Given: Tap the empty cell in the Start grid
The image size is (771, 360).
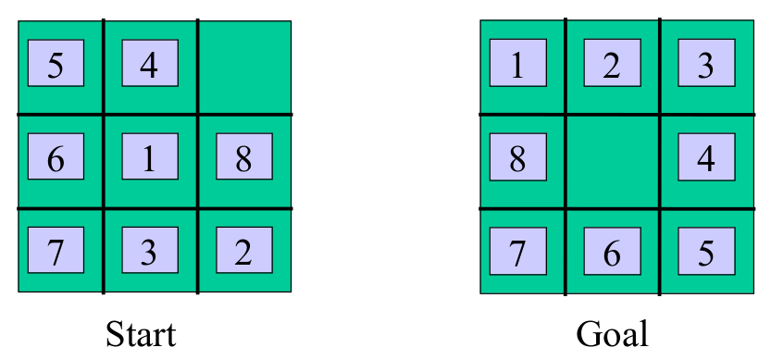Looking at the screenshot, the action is click(244, 67).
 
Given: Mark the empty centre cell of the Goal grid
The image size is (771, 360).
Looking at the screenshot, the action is click(612, 161).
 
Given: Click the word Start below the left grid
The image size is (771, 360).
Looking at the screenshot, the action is click(141, 332).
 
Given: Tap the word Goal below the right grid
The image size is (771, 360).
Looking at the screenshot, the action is click(612, 332).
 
